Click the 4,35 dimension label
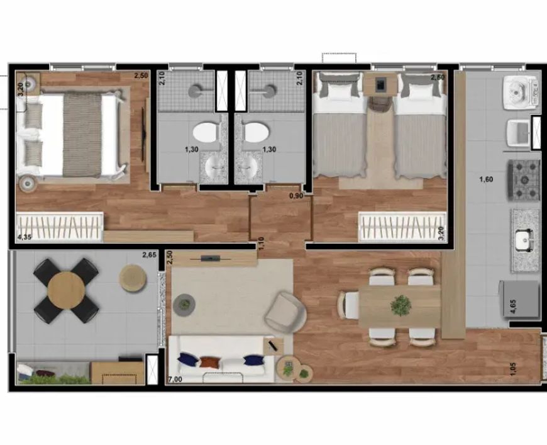tap(23, 237)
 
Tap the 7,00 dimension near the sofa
tap(175, 380)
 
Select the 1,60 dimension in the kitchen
tap(486, 179)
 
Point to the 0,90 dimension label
tap(296, 196)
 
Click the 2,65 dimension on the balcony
tap(149, 255)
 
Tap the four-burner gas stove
tap(524, 180)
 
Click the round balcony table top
tap(66, 290)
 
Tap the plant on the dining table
tap(401, 306)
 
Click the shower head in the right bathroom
tap(269, 91)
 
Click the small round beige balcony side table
tap(133, 278)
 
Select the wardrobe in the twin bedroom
tap(402, 227)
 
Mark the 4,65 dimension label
tap(513, 307)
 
